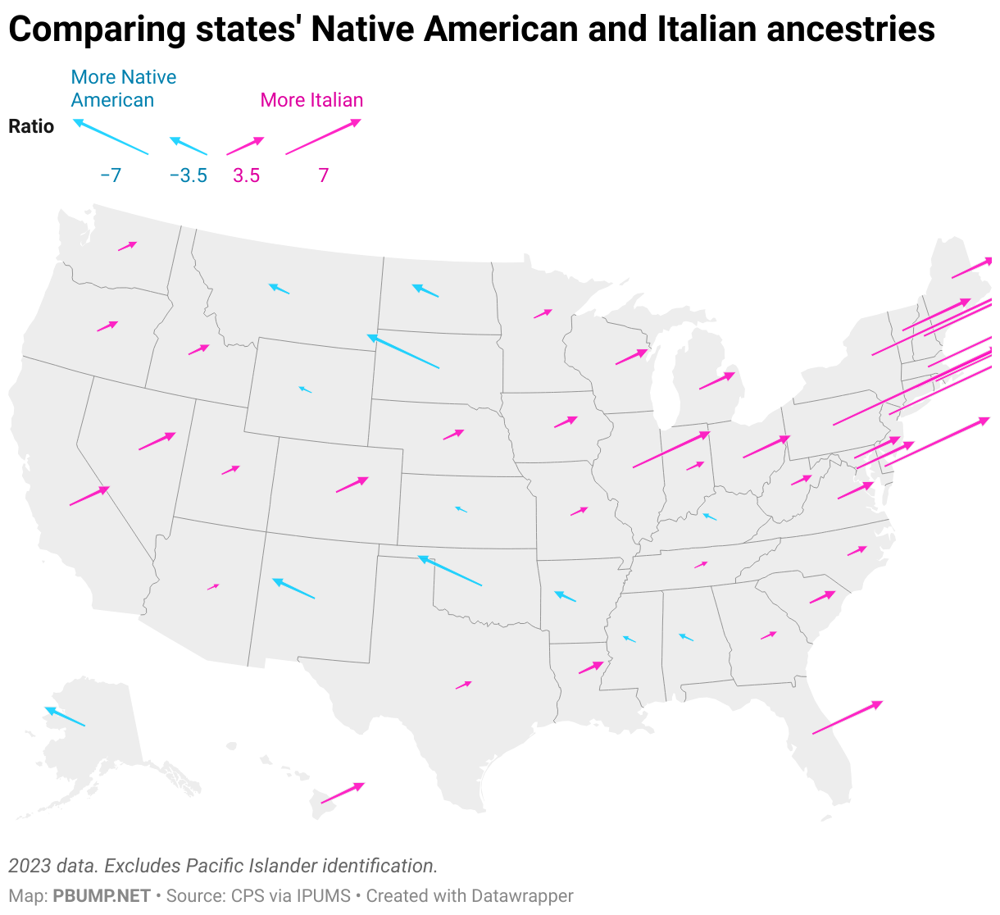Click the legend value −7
pyautogui.click(x=111, y=175)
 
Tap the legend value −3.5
pyautogui.click(x=188, y=175)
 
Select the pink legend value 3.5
pyautogui.click(x=246, y=175)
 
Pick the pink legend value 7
pyautogui.click(x=324, y=175)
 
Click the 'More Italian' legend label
pyautogui.click(x=311, y=100)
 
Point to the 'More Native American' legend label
pyautogui.click(x=123, y=89)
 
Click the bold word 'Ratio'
pyautogui.click(x=31, y=126)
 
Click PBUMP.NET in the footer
pyautogui.click(x=102, y=896)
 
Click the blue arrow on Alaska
pyautogui.click(x=65, y=717)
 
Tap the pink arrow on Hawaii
pyautogui.click(x=343, y=793)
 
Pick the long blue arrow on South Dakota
pyautogui.click(x=403, y=352)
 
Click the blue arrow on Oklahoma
pyautogui.click(x=450, y=571)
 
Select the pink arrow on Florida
pyautogui.click(x=848, y=717)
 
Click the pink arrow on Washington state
pyautogui.click(x=127, y=246)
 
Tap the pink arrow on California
pyautogui.click(x=89, y=496)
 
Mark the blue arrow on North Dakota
pyautogui.click(x=425, y=290)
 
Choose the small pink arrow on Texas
pyautogui.click(x=464, y=685)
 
